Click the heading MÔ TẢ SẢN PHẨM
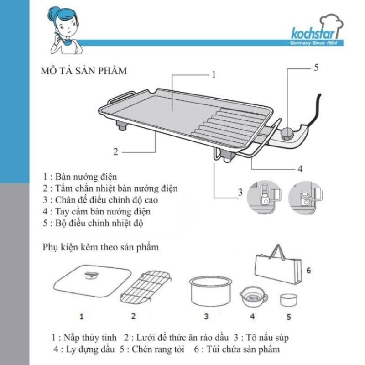(x=84, y=72)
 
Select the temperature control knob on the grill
(x=287, y=133)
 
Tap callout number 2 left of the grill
(x=116, y=152)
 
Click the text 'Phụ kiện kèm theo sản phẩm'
(x=101, y=248)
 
